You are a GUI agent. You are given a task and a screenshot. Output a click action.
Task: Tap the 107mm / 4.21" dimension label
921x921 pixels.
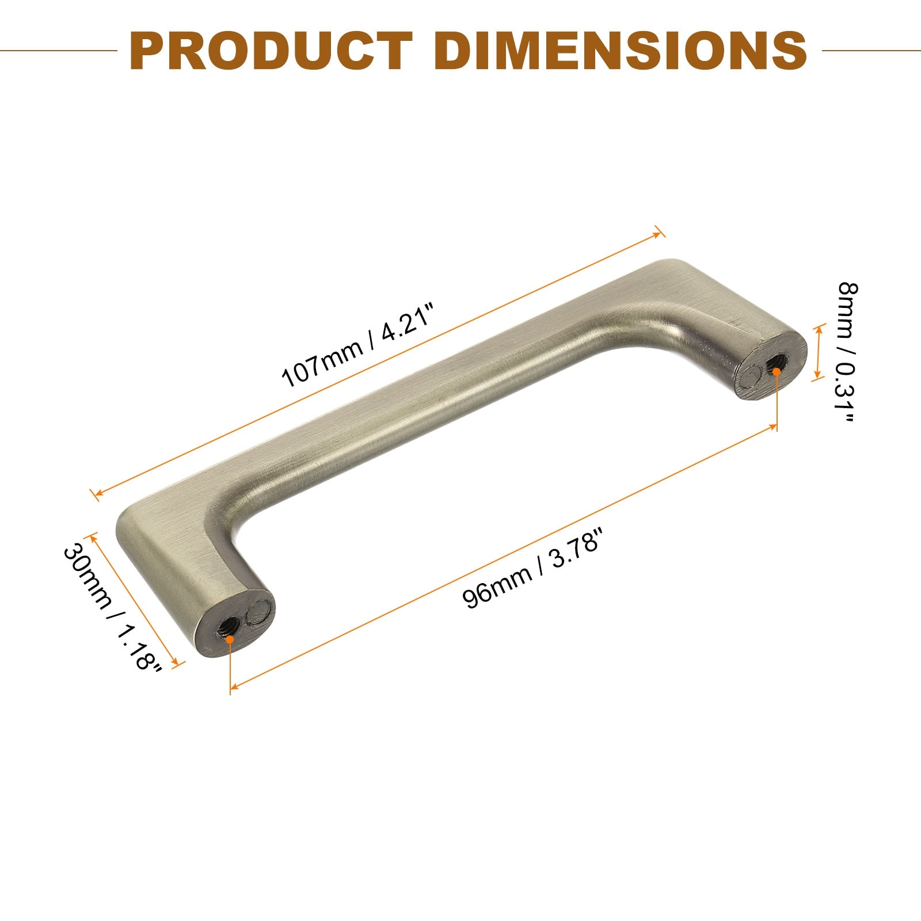pyautogui.click(x=356, y=348)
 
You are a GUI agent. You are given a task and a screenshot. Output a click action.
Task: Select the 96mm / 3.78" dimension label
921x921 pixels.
pyautogui.click(x=533, y=573)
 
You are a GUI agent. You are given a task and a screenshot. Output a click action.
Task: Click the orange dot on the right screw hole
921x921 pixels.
pyautogui.click(x=777, y=371)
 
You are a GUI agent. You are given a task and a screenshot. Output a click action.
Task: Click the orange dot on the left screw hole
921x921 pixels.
pyautogui.click(x=230, y=639)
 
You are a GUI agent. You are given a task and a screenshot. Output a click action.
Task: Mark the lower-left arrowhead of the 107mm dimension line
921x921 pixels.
pyautogui.click(x=97, y=493)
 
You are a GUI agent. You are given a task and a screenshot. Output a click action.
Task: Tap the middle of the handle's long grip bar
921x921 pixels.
pyautogui.click(x=437, y=397)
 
